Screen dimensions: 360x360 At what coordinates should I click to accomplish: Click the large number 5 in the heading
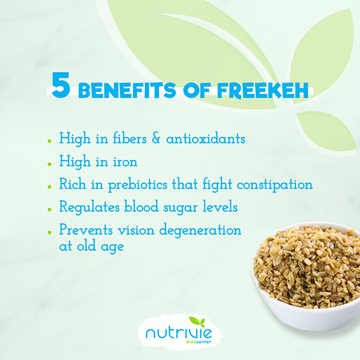tap(61, 85)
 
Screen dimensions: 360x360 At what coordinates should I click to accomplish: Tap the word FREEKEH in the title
tap(263, 90)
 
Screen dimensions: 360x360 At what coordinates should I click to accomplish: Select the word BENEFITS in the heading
tap(127, 90)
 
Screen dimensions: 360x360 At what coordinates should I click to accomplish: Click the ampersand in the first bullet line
tap(156, 138)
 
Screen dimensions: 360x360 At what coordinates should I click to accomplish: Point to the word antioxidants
tap(206, 139)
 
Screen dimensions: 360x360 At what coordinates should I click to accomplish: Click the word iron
tap(125, 161)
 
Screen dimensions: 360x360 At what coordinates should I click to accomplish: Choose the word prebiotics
tap(138, 185)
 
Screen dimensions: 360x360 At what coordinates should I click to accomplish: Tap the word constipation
tap(275, 185)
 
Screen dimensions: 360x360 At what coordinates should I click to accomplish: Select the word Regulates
tap(90, 207)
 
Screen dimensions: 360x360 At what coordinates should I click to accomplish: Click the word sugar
tap(180, 208)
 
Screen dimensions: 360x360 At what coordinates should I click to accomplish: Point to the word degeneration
tap(200, 230)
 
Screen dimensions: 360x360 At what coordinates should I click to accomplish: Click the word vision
tap(136, 230)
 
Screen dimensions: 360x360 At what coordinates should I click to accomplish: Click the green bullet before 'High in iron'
tap(49, 164)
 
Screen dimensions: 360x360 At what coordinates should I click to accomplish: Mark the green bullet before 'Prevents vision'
tap(49, 232)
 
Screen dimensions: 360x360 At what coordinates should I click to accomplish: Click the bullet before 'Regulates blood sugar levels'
tap(49, 209)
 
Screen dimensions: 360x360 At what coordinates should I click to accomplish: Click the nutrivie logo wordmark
tap(179, 333)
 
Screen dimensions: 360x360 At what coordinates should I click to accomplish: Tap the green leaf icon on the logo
tap(197, 322)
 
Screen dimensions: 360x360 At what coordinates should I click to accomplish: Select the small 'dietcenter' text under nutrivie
tap(199, 342)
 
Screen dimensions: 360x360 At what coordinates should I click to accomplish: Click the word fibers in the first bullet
tap(130, 138)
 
